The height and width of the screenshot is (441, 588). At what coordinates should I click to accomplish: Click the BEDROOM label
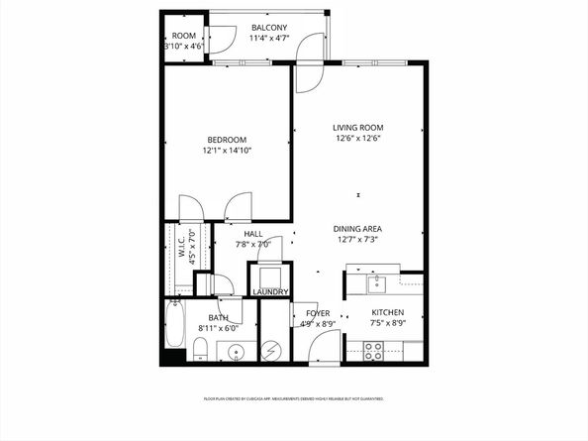(x=226, y=140)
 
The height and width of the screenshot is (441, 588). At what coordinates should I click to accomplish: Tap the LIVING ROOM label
(x=357, y=128)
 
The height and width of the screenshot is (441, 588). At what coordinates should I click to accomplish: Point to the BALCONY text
(x=269, y=27)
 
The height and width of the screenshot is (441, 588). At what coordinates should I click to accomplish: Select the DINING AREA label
(x=357, y=228)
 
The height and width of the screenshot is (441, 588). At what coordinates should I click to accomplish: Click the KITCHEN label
(x=388, y=312)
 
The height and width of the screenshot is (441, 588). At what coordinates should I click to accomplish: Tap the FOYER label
(x=304, y=312)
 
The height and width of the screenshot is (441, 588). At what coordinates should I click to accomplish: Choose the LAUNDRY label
(x=269, y=292)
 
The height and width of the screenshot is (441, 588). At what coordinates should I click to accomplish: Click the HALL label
(x=253, y=234)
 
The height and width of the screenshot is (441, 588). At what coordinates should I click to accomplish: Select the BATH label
(x=218, y=317)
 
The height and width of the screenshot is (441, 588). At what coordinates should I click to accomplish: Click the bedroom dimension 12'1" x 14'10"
(x=226, y=151)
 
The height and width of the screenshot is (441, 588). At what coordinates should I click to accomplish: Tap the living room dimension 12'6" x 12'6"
(x=357, y=139)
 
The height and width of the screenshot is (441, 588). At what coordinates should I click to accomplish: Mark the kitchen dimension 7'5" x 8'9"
(x=388, y=323)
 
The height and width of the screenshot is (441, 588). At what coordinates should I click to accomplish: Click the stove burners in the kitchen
(x=374, y=351)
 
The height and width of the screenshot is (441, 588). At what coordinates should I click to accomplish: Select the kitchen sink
(x=376, y=285)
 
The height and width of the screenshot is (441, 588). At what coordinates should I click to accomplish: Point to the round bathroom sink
(x=237, y=351)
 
